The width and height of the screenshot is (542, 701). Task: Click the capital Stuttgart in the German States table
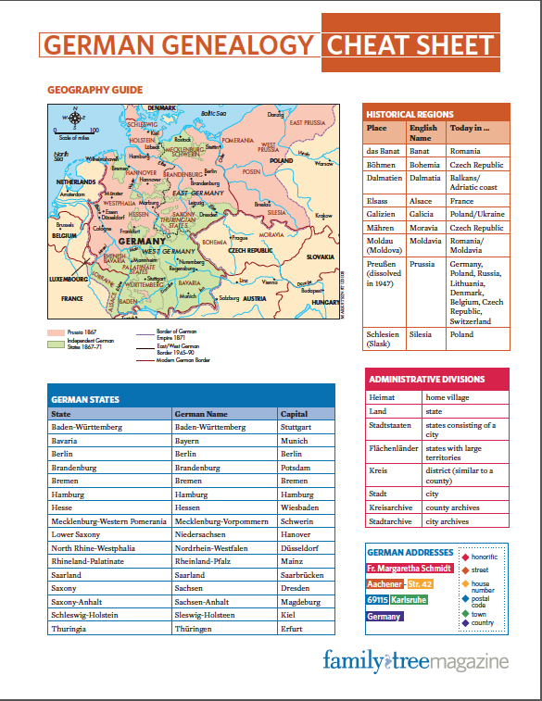pos(297,427)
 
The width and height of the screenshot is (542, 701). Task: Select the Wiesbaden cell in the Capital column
pos(301,507)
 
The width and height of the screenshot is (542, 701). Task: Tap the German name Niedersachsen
pos(205,534)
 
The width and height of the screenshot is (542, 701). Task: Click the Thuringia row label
pos(70,628)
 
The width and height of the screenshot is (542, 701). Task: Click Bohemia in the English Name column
pos(425,165)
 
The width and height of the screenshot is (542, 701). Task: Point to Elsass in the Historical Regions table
pos(379,201)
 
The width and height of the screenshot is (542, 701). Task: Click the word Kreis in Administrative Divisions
pos(377,470)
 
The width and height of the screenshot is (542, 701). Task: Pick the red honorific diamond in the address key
pos(465,557)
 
